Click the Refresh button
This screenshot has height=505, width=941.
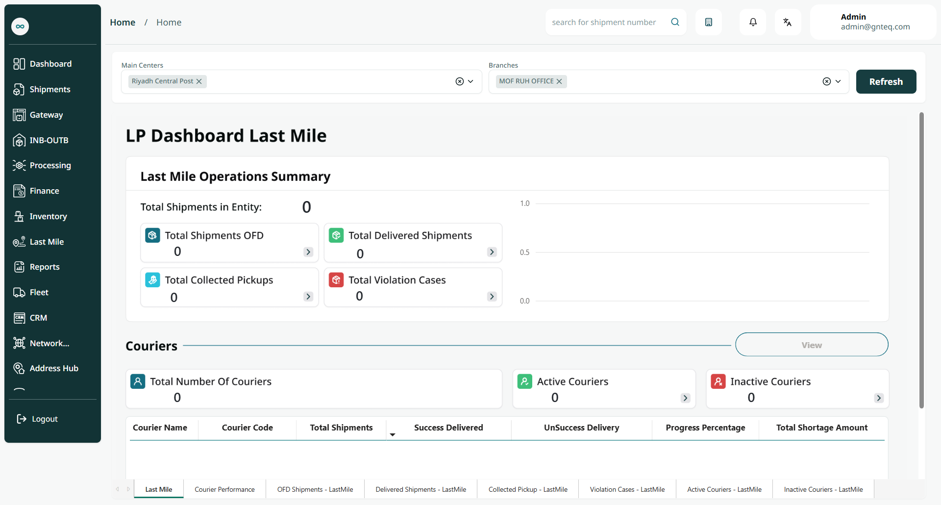[x=886, y=81]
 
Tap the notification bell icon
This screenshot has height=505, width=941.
[x=753, y=22]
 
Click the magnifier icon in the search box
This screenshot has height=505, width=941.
[x=675, y=22]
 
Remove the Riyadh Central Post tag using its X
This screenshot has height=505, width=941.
[x=199, y=81]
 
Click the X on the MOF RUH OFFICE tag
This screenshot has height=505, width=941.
[x=559, y=81]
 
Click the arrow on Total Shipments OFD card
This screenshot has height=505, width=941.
[x=308, y=252]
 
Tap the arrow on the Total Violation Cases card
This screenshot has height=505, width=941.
[x=492, y=297]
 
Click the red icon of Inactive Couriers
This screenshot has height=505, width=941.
[x=718, y=381]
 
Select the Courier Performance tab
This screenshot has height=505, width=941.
[x=224, y=489]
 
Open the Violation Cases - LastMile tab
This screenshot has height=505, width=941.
[x=627, y=489]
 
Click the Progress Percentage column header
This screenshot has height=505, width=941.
[x=705, y=428]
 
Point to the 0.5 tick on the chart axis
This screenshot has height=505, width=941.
[x=525, y=252]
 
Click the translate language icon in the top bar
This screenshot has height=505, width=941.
[x=788, y=22]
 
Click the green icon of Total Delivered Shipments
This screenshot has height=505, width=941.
[x=336, y=235]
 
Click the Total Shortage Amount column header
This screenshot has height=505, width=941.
[x=822, y=428]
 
